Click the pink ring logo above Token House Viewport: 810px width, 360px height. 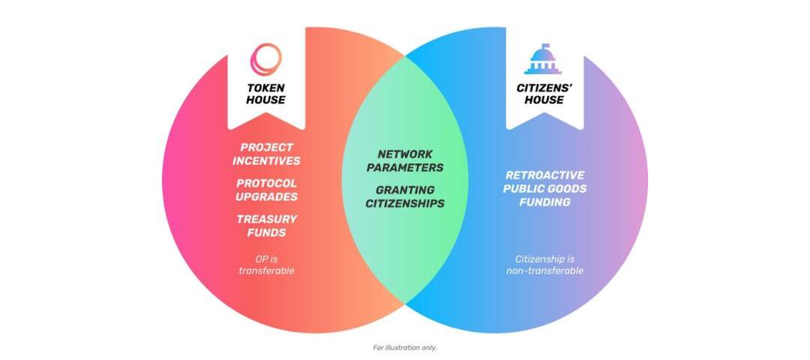point(266,59)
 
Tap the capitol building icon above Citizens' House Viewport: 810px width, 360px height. point(544,59)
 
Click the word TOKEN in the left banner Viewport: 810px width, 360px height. point(266,88)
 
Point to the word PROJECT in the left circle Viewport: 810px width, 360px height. point(266,147)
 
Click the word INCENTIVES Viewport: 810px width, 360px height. point(266,160)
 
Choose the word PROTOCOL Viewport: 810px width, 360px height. point(266,183)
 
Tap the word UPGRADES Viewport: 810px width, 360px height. point(266,196)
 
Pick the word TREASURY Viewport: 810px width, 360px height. point(266,219)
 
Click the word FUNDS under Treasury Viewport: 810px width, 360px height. point(266,232)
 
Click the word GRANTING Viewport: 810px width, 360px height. point(405,190)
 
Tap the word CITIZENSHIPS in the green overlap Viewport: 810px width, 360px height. point(405,203)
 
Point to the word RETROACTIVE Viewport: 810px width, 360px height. point(544,175)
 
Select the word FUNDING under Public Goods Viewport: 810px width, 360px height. point(544,202)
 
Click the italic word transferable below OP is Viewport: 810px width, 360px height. point(266,270)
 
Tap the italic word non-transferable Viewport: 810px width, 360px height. point(544,270)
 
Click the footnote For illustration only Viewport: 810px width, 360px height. point(404,347)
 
